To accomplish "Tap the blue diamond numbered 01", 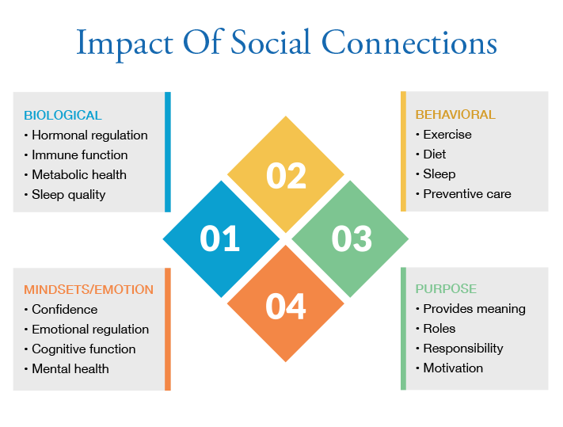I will click(x=220, y=238).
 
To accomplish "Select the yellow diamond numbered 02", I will click(x=286, y=175).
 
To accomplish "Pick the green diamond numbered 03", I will click(x=351, y=238).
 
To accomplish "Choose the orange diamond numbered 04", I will click(x=286, y=305).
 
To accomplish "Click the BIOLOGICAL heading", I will click(x=63, y=115).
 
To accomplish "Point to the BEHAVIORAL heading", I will click(x=455, y=115).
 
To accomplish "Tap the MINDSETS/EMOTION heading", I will click(x=89, y=290).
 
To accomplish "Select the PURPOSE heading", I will click(x=446, y=289).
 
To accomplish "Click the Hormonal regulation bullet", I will click(x=89, y=135).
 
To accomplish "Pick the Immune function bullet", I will click(x=79, y=154).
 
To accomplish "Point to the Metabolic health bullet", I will click(x=78, y=174).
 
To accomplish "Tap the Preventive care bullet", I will click(x=466, y=193).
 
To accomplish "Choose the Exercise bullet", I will click(x=447, y=135).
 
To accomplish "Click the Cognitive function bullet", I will click(x=83, y=349).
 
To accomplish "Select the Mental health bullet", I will click(x=70, y=368).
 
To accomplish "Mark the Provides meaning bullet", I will click(x=474, y=309).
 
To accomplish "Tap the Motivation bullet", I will click(x=452, y=368).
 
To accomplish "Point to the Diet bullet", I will click(x=436, y=154).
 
